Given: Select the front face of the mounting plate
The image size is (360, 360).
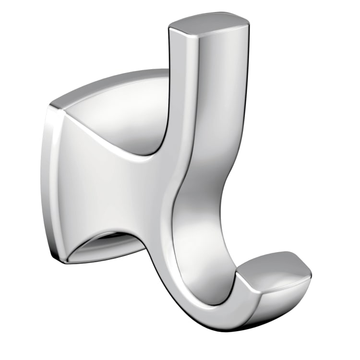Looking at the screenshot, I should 96,182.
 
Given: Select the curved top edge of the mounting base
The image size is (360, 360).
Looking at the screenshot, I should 110,82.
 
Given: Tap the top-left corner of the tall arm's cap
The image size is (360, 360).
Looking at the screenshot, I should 171,29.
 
